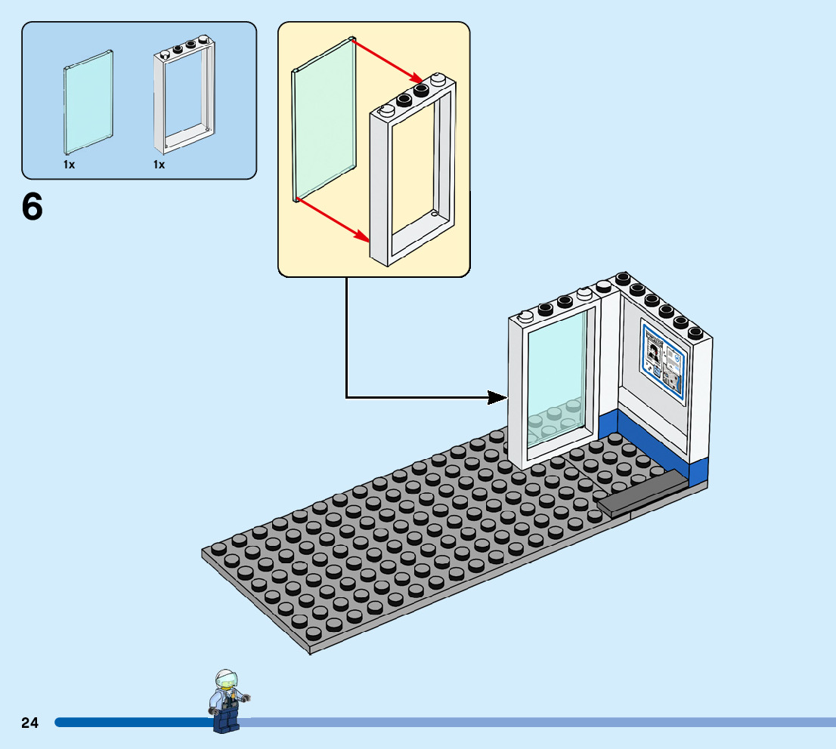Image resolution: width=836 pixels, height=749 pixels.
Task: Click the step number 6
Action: point(33,207)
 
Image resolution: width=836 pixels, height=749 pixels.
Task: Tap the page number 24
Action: point(30,723)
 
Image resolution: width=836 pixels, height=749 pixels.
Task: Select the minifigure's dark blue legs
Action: point(226,721)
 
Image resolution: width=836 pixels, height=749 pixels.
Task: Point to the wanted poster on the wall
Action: point(663,358)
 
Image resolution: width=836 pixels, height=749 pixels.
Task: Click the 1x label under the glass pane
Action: point(69,164)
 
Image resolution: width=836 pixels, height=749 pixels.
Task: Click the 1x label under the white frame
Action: point(159,164)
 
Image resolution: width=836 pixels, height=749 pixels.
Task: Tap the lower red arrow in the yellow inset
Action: point(333,220)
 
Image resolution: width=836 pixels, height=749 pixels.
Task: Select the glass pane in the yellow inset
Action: point(324,121)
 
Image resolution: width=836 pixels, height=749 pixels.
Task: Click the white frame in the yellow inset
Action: point(412,174)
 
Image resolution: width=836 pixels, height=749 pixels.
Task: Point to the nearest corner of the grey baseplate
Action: point(310,651)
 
